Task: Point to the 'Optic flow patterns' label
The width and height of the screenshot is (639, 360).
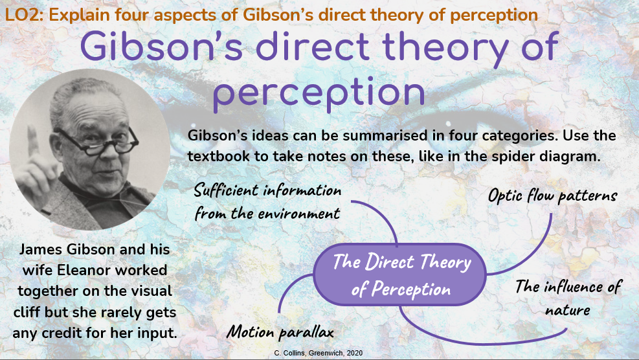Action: click(x=552, y=195)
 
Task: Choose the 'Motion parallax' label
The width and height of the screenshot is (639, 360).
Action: click(x=280, y=332)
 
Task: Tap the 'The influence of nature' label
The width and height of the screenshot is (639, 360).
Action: click(x=568, y=297)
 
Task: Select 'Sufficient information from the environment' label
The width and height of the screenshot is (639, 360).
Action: click(x=267, y=201)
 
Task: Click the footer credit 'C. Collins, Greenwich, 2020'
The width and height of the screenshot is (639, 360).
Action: click(x=319, y=353)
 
